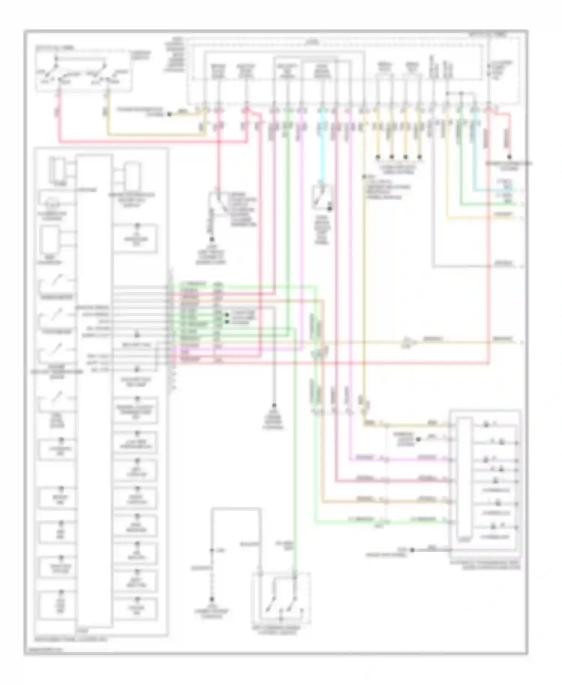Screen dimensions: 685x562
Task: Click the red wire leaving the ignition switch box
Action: point(59,120)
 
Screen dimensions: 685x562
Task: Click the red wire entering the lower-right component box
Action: point(412,480)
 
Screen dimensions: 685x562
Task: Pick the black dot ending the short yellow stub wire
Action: point(169,114)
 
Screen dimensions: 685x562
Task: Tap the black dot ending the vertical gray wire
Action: point(274,405)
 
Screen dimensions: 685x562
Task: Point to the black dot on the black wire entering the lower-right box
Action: point(412,550)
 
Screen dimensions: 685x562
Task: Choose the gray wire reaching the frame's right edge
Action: point(506,267)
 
